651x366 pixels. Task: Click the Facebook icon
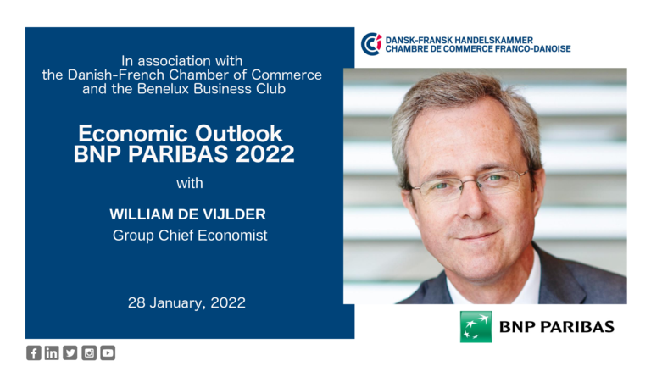coord(34,352)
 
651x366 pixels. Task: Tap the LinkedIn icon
coord(52,352)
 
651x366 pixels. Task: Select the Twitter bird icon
coord(70,352)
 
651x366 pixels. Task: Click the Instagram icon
coord(89,352)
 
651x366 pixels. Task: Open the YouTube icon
coord(108,352)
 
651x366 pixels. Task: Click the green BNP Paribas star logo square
coord(476,326)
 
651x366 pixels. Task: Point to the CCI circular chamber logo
coord(371,44)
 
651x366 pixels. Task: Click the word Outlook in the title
coord(239,134)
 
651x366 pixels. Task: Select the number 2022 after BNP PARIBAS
coord(264,154)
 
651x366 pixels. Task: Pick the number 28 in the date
coord(136,302)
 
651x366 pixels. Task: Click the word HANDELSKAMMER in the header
coord(494,41)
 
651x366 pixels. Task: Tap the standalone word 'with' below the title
coord(190,183)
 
